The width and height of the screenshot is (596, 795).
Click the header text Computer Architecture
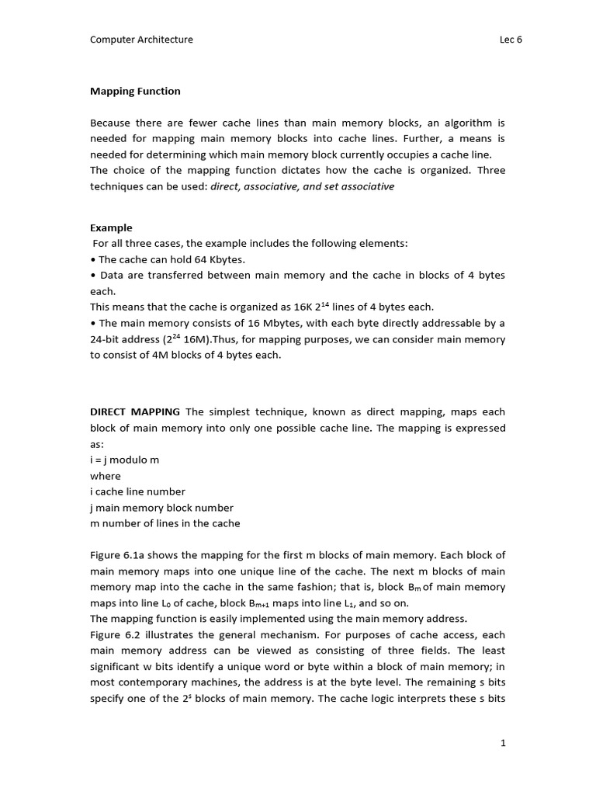142,40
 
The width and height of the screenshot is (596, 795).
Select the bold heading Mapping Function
135,91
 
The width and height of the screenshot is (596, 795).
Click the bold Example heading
111,227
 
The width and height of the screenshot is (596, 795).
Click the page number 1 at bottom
503,743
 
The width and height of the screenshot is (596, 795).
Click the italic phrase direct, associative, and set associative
303,186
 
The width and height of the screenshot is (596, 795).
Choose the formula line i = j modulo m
125,460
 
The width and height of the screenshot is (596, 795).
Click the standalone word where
106,476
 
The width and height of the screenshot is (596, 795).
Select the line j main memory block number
161,508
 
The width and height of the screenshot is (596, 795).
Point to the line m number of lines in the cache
165,523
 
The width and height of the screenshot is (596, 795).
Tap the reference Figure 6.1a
119,555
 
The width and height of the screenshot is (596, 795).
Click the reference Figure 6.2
116,635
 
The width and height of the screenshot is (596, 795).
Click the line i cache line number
137,491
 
